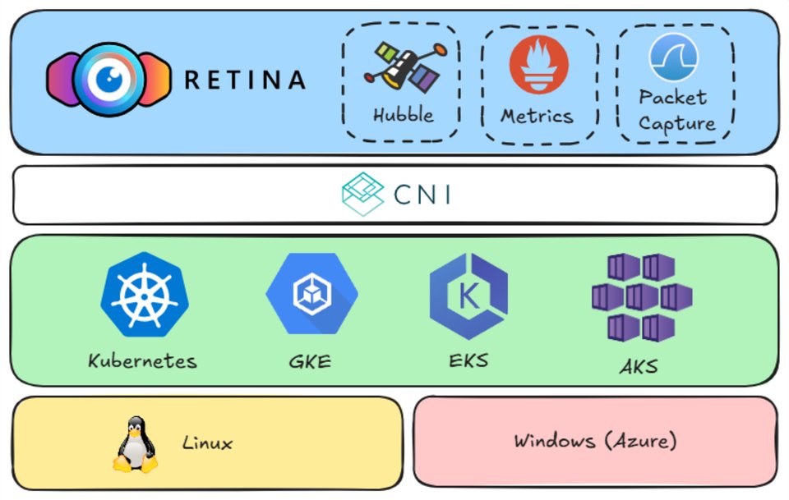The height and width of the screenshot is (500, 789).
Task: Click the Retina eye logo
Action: [x=108, y=79]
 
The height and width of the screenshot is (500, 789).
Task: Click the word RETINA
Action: [x=245, y=80]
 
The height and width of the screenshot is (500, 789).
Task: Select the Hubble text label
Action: [x=403, y=115]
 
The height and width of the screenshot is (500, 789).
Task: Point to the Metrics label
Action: [x=538, y=116]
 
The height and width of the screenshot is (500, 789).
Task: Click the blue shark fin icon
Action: [x=673, y=57]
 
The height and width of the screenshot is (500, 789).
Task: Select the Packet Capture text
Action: [x=676, y=111]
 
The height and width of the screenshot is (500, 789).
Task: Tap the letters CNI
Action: [x=422, y=195]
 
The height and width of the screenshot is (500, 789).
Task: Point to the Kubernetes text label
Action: [x=143, y=360]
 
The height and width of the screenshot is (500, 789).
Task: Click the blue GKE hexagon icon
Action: [x=311, y=294]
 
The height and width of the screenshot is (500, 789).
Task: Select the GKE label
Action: [x=311, y=360]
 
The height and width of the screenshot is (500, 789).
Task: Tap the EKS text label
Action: [x=468, y=360]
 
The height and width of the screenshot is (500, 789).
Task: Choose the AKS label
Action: [x=639, y=366]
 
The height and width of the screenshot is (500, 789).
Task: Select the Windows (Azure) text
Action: [x=595, y=441]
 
